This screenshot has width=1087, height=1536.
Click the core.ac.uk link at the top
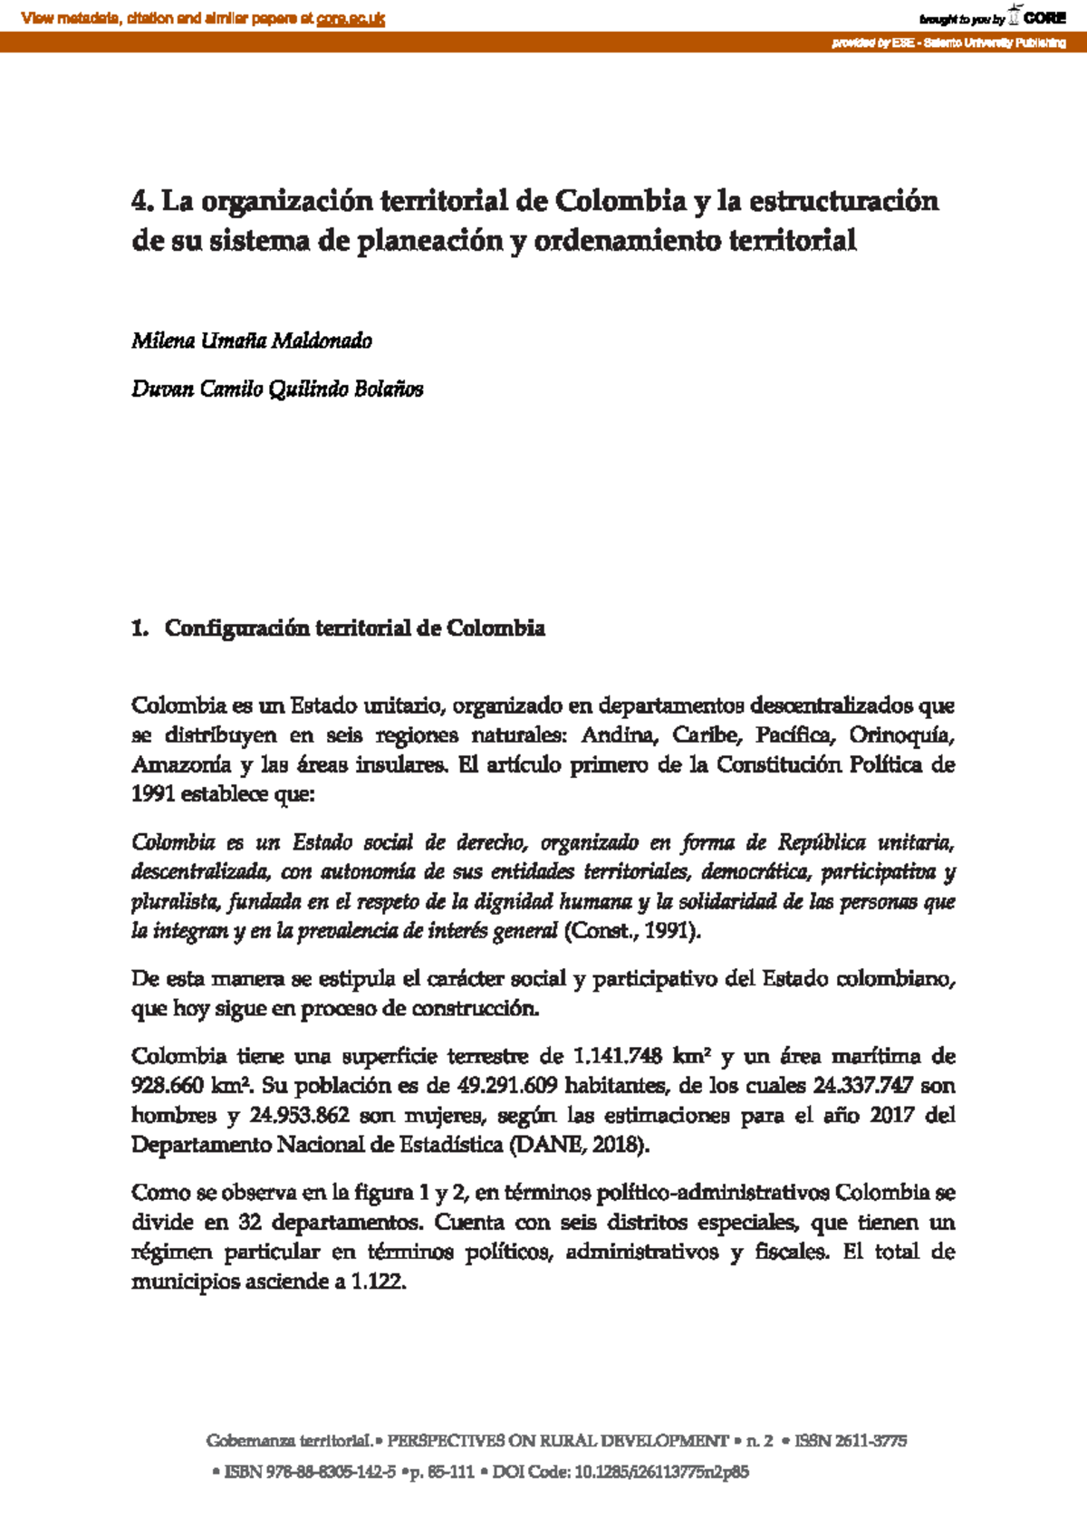tap(351, 18)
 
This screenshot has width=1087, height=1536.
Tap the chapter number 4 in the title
tap(139, 200)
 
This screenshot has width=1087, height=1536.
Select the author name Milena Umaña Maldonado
tap(252, 341)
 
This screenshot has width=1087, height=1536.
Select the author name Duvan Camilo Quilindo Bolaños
tap(277, 389)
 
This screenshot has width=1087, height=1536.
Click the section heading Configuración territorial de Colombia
tap(354, 629)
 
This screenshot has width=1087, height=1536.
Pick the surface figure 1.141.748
tap(618, 1056)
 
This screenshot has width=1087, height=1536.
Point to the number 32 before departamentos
tap(250, 1223)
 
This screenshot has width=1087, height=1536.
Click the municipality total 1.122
tap(378, 1282)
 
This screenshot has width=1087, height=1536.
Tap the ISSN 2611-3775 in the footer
tap(851, 1441)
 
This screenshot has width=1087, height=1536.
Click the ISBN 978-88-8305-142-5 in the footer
tap(310, 1472)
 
